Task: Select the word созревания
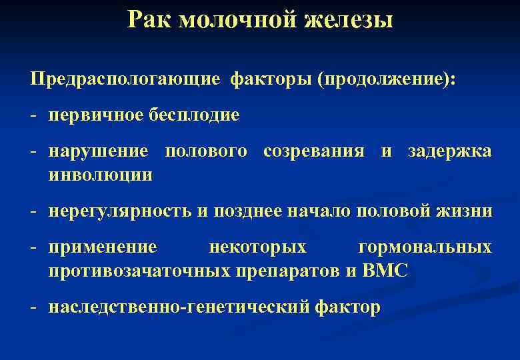tap(314, 151)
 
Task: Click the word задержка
tap(451, 151)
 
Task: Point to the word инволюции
tap(100, 175)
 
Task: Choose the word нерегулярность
tap(119, 212)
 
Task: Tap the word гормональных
tap(425, 248)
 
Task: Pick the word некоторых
tap(258, 248)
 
